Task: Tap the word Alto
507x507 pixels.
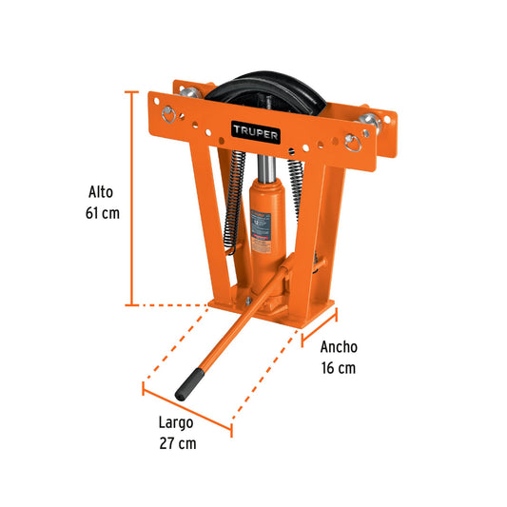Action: [101, 190]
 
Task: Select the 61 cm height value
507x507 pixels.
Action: [101, 212]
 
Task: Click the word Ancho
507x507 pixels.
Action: [339, 347]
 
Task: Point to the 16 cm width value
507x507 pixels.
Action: [339, 368]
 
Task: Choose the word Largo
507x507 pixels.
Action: [178, 421]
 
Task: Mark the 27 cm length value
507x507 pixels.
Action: [178, 442]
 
